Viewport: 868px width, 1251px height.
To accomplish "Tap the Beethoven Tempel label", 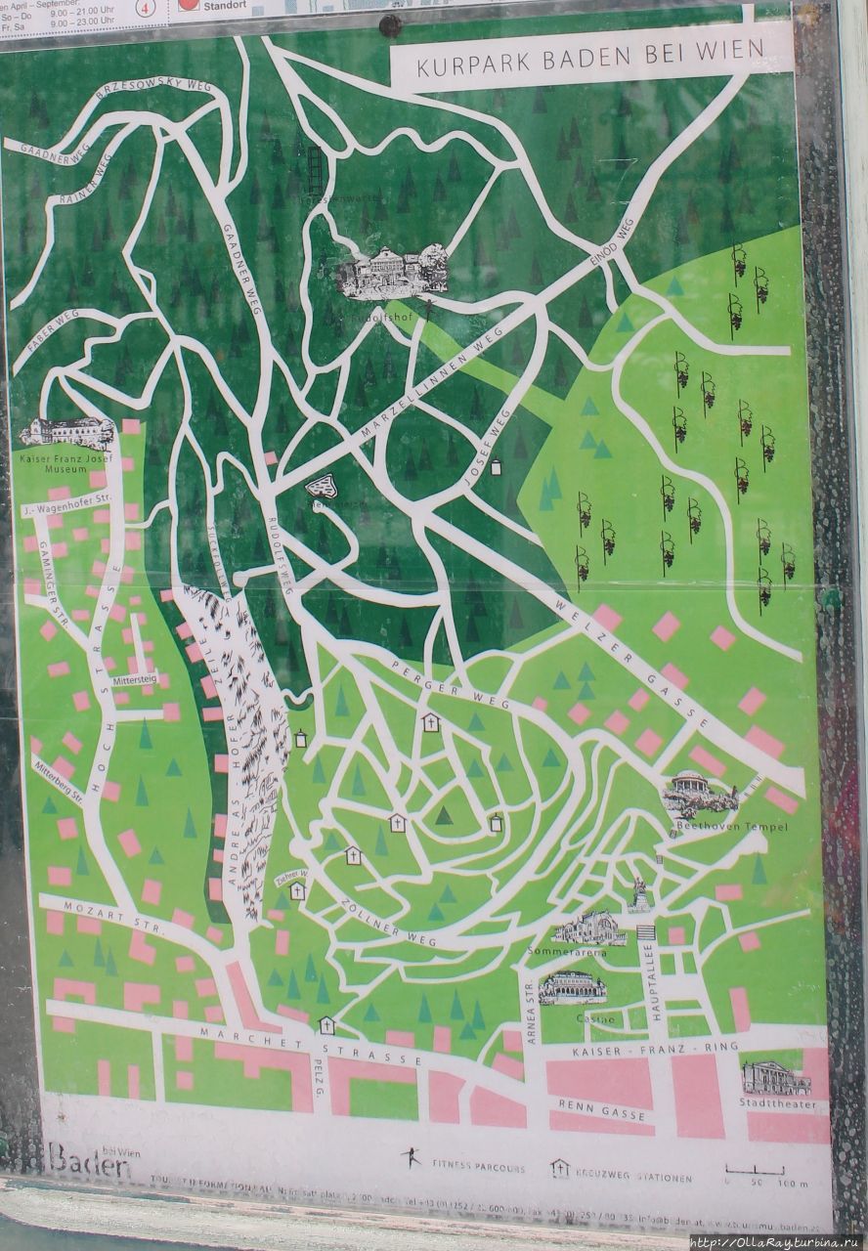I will tap(717, 827).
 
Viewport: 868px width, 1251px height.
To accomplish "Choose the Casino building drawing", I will tap(572, 988).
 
